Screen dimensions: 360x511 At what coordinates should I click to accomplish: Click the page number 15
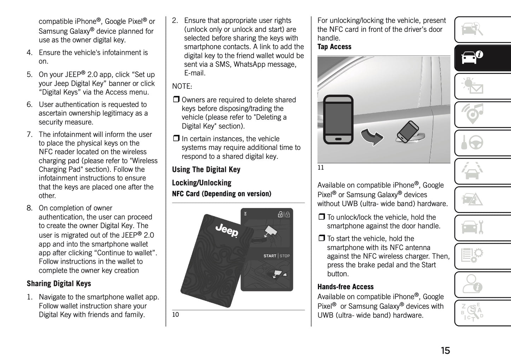(445, 350)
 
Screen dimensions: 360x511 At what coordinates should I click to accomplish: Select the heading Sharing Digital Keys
(59, 284)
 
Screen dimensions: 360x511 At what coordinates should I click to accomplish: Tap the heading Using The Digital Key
(206, 170)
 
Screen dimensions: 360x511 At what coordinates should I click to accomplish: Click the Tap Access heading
(334, 47)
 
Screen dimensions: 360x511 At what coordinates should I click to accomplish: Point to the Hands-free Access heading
(345, 287)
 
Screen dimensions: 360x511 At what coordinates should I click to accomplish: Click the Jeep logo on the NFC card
(227, 231)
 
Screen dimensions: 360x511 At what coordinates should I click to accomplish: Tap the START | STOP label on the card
(276, 256)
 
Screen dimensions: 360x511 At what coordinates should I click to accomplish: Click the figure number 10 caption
(175, 315)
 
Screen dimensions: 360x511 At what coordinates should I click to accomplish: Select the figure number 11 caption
(320, 168)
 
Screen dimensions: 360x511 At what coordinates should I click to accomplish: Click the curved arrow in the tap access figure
(372, 136)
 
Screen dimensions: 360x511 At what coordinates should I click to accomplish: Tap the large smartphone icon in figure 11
(338, 120)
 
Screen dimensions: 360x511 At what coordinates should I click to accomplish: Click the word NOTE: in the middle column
(182, 86)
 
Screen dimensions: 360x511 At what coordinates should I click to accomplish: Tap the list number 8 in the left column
(30, 208)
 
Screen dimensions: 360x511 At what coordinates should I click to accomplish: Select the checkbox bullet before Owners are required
(176, 100)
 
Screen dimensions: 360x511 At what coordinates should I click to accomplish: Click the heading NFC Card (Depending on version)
(221, 194)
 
